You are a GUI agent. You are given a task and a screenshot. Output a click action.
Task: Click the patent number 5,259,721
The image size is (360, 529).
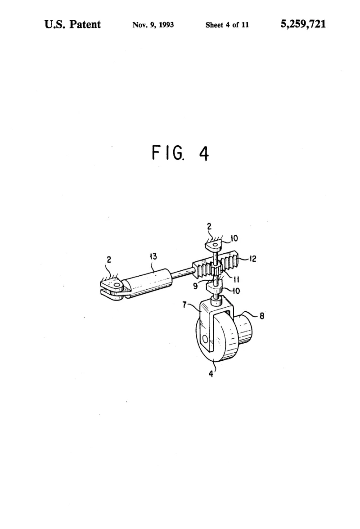[x=303, y=24]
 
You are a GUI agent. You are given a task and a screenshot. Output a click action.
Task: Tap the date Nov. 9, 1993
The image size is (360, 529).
[x=153, y=25]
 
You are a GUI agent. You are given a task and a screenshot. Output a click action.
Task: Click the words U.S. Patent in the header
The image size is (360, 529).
[x=72, y=24]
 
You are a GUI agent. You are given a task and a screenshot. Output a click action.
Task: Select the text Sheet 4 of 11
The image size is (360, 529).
[x=227, y=25]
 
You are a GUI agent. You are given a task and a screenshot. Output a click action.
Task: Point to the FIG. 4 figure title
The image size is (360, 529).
[x=180, y=153]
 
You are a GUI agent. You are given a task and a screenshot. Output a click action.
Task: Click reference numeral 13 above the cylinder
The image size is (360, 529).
[x=153, y=256]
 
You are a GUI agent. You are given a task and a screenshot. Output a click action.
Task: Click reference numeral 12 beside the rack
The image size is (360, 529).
[x=253, y=259]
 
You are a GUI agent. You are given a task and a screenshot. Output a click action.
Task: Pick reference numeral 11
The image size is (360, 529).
[x=237, y=279]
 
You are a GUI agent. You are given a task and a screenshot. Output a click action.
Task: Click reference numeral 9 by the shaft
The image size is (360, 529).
[x=195, y=286]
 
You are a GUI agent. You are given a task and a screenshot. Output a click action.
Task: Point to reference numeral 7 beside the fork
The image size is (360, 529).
[x=184, y=305]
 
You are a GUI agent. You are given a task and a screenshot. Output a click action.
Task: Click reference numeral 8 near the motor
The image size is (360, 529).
[x=262, y=316]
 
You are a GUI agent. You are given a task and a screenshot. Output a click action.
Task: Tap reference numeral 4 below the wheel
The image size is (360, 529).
[x=211, y=374]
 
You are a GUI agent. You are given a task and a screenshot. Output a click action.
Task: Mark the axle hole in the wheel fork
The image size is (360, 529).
[x=204, y=338]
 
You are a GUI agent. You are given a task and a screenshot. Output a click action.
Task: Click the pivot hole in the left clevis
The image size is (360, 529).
[x=117, y=285]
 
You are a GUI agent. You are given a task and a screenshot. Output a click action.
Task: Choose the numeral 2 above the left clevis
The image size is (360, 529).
[x=108, y=260]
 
